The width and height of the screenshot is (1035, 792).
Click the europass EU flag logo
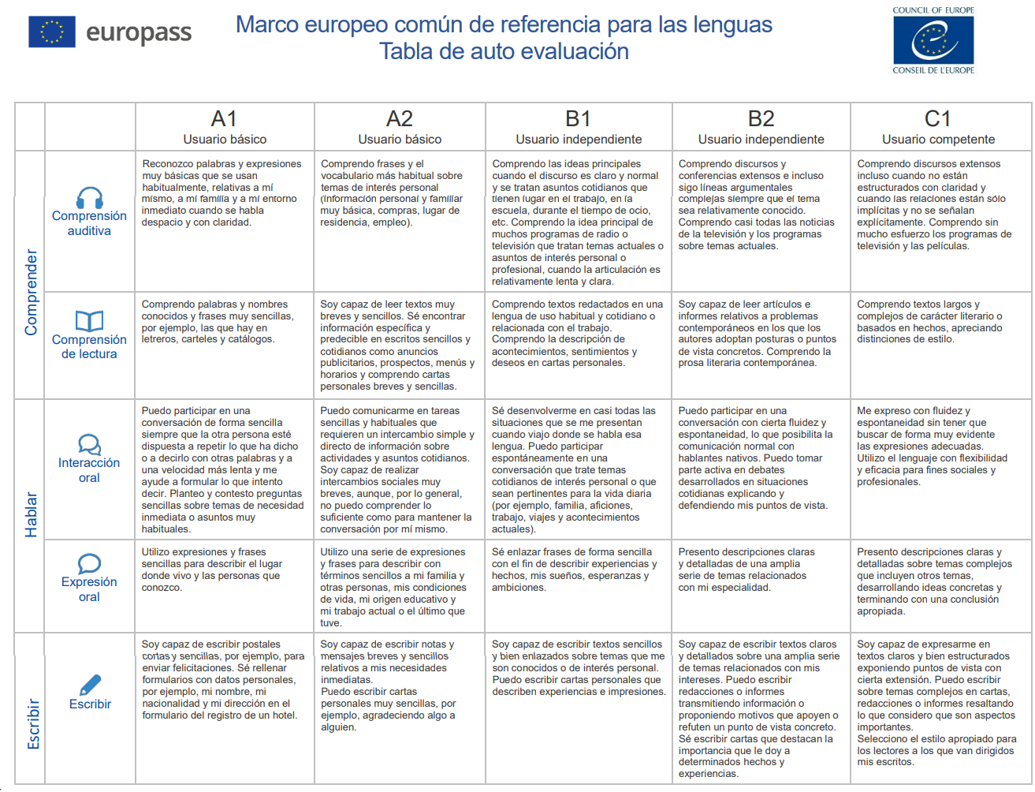(x=52, y=32)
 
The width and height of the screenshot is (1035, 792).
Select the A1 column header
(x=224, y=119)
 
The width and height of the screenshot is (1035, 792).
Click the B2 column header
(x=761, y=119)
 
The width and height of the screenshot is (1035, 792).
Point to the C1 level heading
(x=937, y=119)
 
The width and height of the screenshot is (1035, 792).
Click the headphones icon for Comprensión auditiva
(x=89, y=198)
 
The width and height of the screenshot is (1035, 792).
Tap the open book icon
(x=89, y=320)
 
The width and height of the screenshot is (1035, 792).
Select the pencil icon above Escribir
(x=90, y=685)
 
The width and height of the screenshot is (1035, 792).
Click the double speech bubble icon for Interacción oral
(x=89, y=444)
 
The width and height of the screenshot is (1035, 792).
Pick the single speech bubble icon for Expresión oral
(x=89, y=563)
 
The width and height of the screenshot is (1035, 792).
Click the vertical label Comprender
(x=32, y=292)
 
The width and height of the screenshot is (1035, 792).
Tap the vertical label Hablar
(x=32, y=514)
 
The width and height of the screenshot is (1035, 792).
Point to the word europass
(x=139, y=32)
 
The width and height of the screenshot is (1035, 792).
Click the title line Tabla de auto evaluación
(x=504, y=51)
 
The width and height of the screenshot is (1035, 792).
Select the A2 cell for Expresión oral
(x=400, y=587)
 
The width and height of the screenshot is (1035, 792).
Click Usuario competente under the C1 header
(x=938, y=140)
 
